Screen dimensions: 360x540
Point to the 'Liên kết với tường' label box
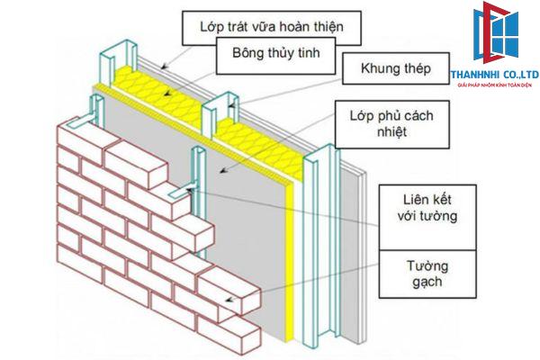418,207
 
